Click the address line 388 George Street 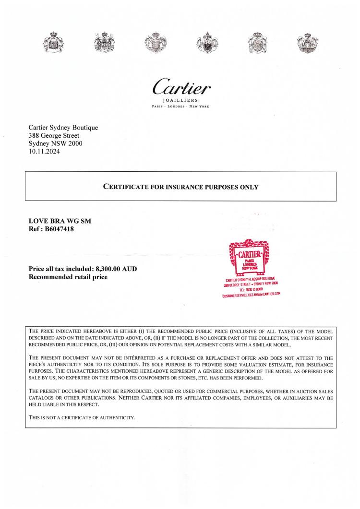pyautogui.click(x=56, y=136)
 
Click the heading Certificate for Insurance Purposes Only pyautogui.click(x=181, y=187)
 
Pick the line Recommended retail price pyautogui.click(x=69, y=277)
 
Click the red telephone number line pyautogui.click(x=250, y=289)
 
